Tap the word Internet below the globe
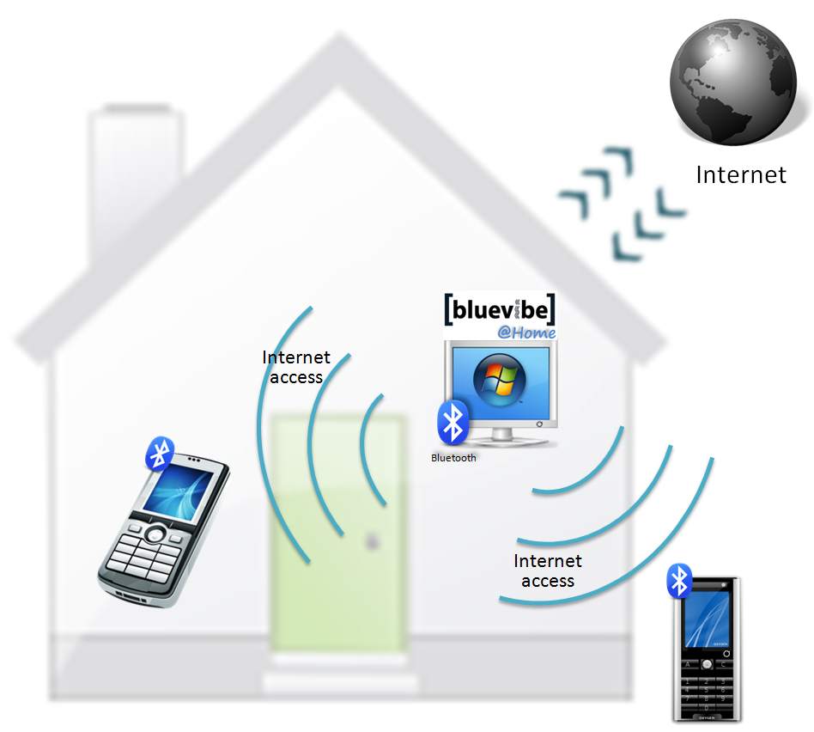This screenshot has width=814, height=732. [x=740, y=175]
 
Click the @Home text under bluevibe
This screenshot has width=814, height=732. [x=526, y=332]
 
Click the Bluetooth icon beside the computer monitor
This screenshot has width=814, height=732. [x=453, y=422]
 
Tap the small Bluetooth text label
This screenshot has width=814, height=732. [x=453, y=458]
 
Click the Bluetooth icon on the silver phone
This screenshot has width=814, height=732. [x=160, y=453]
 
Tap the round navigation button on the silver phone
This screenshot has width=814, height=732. [x=155, y=534]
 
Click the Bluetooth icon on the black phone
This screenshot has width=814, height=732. [x=680, y=582]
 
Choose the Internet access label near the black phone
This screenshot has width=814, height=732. [x=548, y=570]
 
